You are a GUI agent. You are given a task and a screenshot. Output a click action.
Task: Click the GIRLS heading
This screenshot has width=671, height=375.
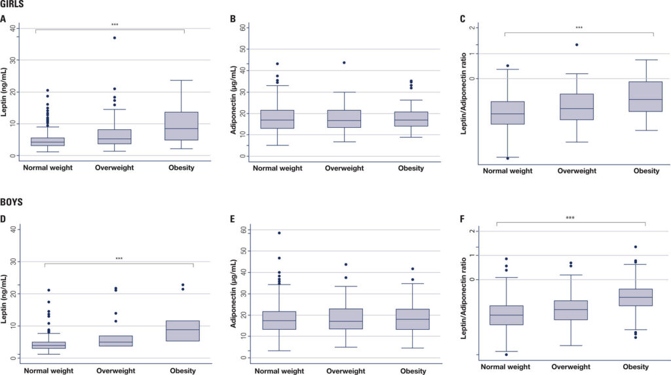point(13,5)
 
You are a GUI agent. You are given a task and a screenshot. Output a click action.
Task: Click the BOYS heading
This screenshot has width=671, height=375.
point(12,202)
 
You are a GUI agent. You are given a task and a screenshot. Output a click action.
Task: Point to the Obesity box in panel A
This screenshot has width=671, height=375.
point(182,126)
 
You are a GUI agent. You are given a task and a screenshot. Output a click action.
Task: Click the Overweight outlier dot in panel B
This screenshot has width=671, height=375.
point(344,63)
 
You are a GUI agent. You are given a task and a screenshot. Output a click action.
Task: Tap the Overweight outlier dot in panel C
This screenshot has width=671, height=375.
point(577,45)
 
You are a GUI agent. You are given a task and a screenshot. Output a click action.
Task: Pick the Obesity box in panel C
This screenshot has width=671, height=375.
point(645,96)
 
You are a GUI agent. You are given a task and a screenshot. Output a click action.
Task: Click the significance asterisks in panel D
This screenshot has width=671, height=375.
point(119,259)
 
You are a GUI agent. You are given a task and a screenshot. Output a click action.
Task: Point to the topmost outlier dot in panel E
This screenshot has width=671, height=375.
point(278,233)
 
